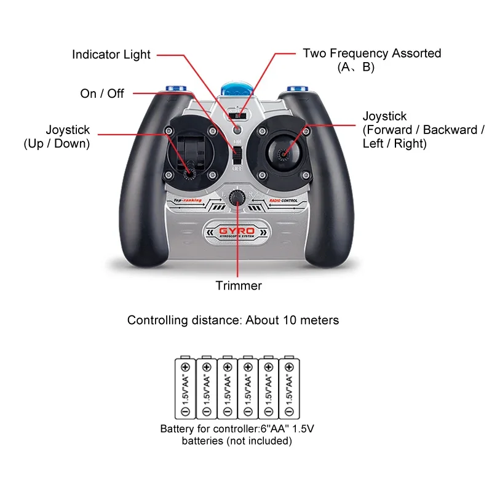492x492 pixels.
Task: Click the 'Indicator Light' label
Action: coord(111,55)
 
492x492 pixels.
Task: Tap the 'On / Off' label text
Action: coord(102,93)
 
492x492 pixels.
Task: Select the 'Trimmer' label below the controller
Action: coord(239,285)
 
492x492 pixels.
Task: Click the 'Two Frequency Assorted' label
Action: coord(371,54)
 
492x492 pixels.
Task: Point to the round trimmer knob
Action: coord(236,197)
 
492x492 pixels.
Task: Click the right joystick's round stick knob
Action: coord(284,153)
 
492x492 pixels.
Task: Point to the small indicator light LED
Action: coord(237,129)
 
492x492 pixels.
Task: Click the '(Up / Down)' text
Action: coord(57,144)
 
